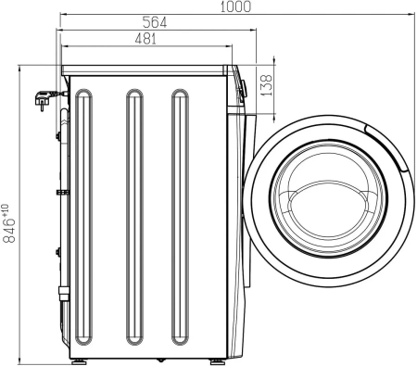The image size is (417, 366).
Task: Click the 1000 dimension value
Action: (x=234, y=7)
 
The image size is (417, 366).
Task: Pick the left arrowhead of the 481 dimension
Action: (x=63, y=46)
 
